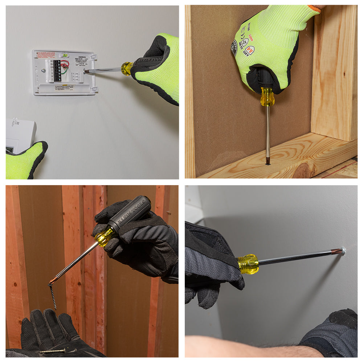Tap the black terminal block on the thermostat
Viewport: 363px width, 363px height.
pyautogui.click(x=57, y=70)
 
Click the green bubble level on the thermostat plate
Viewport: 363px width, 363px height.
pyautogui.click(x=65, y=56)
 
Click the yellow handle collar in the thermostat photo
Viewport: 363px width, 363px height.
pyautogui.click(x=127, y=68)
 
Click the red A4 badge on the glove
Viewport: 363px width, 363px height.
pyautogui.click(x=249, y=50)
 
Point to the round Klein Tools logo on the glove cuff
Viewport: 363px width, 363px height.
pyautogui.click(x=234, y=48)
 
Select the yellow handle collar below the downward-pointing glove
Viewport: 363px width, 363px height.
pyautogui.click(x=267, y=97)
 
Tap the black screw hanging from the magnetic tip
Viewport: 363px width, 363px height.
pyautogui.click(x=53, y=296)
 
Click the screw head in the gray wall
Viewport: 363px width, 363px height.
pyautogui.click(x=343, y=250)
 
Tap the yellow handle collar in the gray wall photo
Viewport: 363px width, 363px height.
pyautogui.click(x=248, y=264)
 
